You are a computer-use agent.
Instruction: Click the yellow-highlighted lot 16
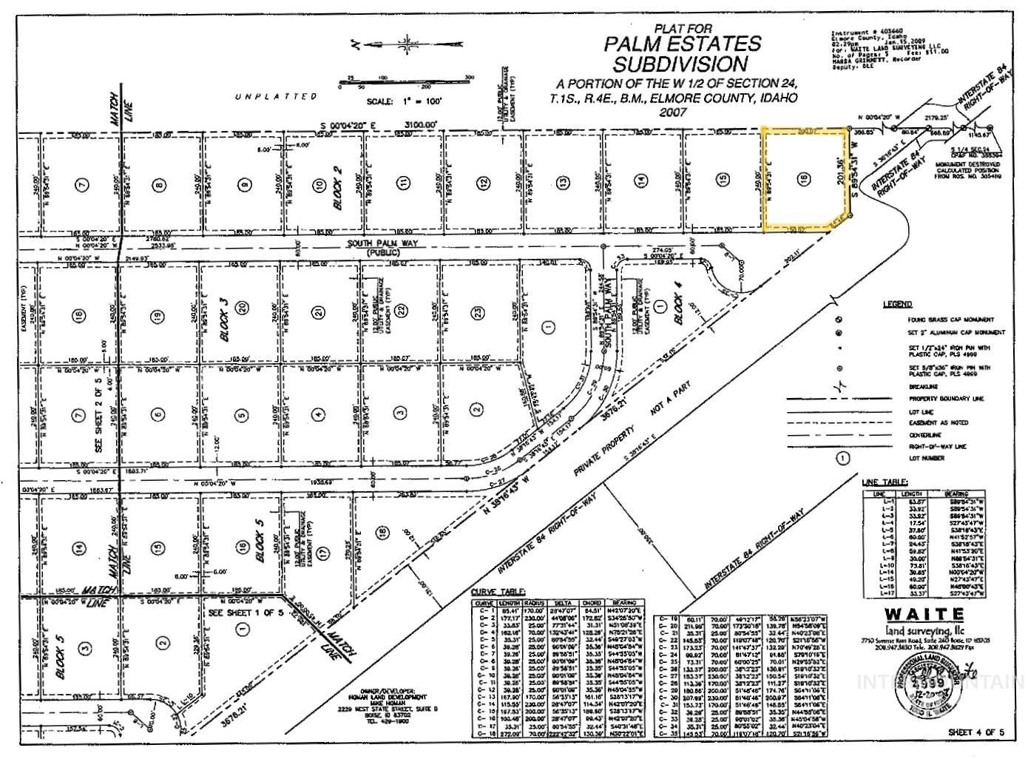coord(804,179)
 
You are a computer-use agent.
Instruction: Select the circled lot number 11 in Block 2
coord(402,183)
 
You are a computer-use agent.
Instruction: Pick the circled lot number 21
coord(318,314)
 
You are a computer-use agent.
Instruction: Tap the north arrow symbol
coord(405,43)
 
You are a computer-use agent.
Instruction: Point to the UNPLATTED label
coord(275,96)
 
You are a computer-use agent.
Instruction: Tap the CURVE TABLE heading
coord(498,592)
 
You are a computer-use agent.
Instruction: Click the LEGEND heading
coord(897,304)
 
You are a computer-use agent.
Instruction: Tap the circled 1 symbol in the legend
coord(842,458)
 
